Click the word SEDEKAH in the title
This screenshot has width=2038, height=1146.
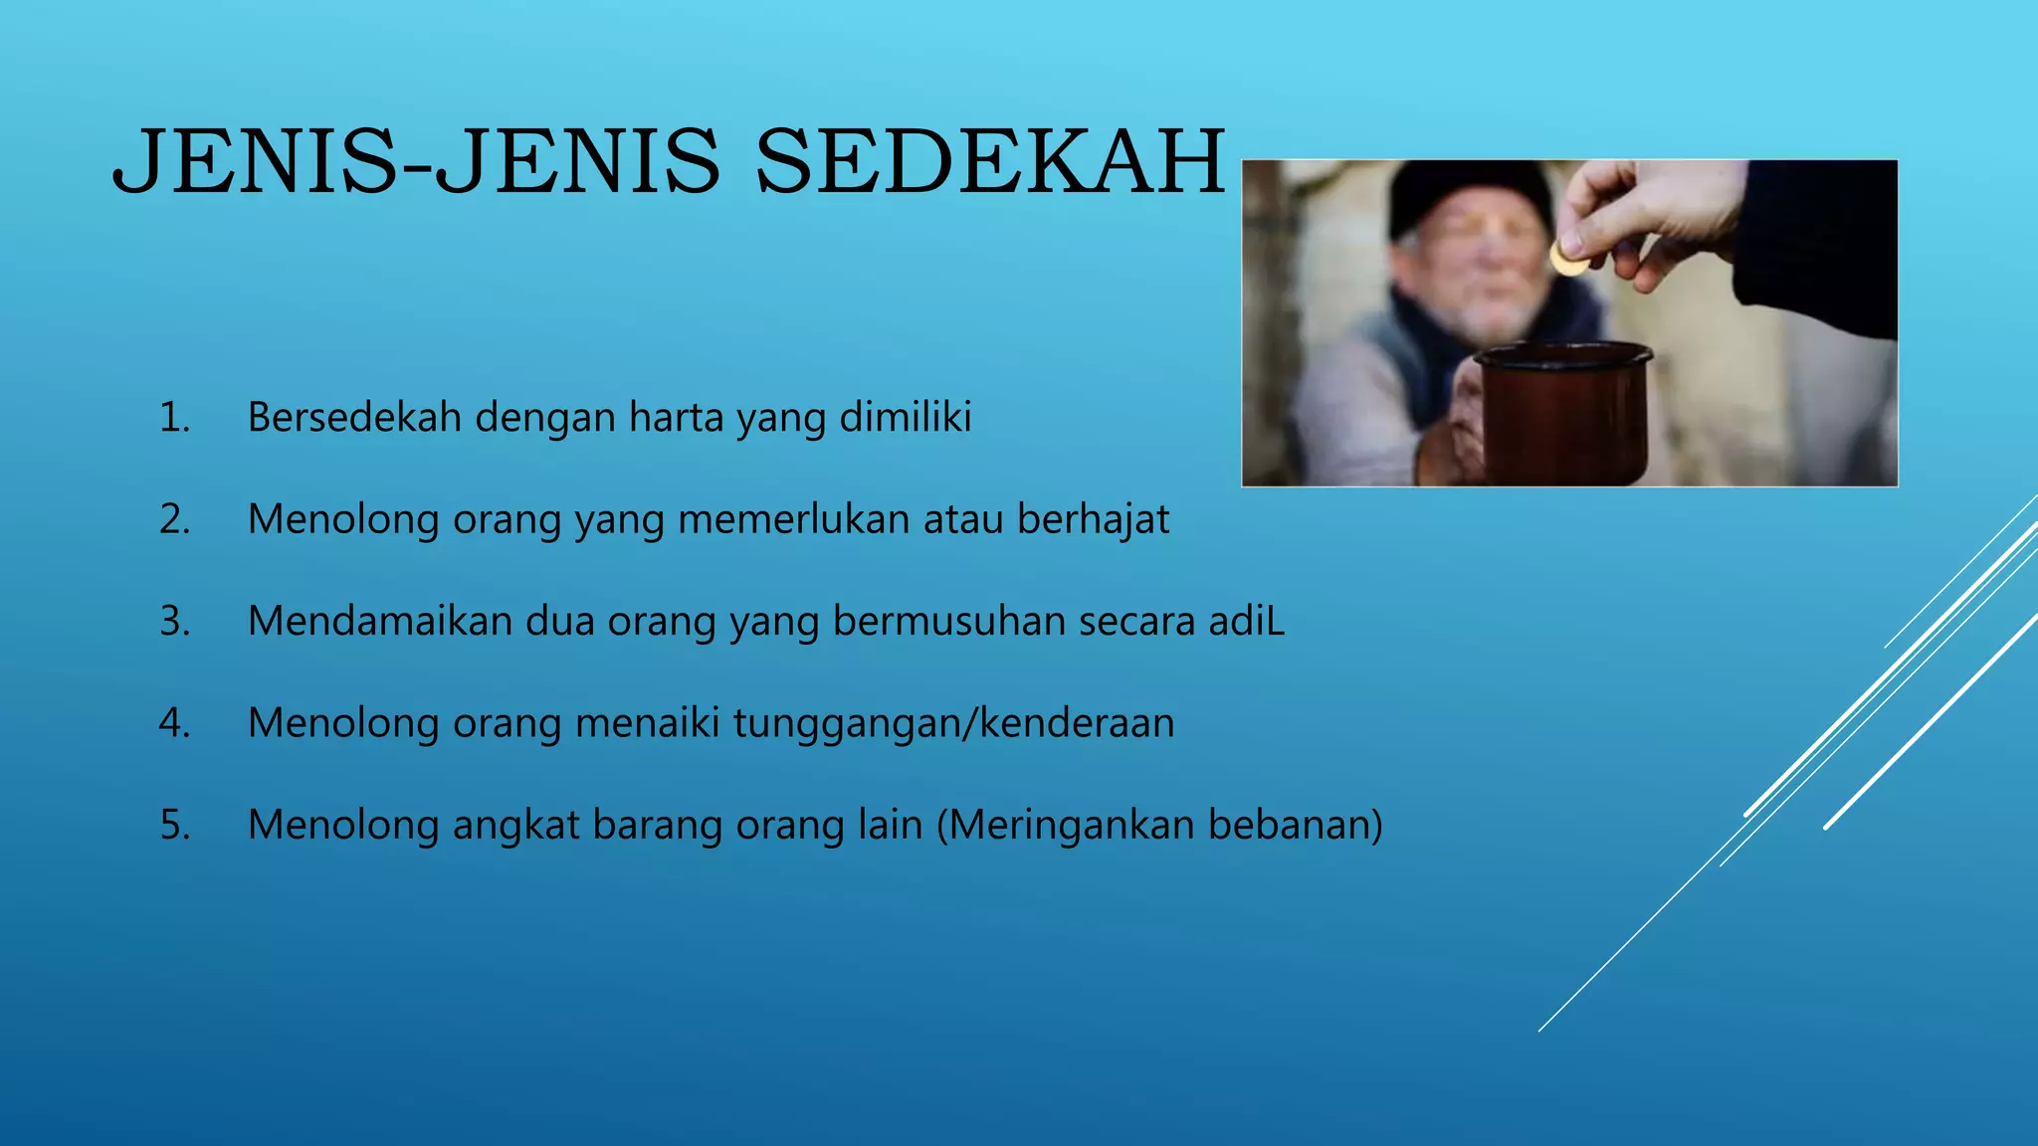(990, 161)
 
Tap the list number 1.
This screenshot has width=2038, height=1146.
(174, 418)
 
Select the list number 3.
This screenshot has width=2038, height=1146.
(174, 622)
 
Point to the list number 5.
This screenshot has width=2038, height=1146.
(174, 826)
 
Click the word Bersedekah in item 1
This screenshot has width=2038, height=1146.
(354, 418)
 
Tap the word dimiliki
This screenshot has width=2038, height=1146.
(905, 418)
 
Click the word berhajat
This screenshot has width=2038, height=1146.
(1093, 520)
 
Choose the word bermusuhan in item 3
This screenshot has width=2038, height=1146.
(948, 622)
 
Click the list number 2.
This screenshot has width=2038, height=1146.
(174, 520)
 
